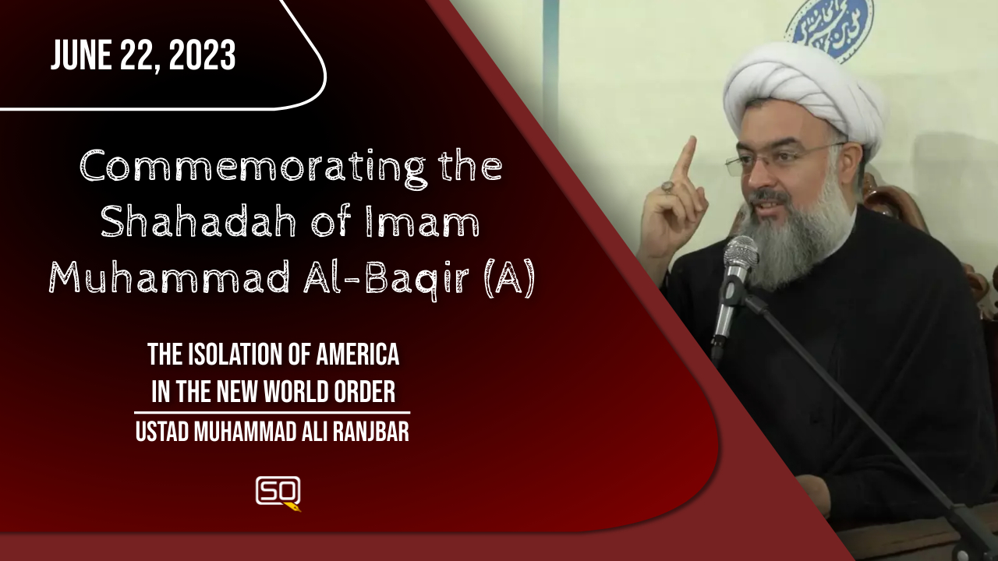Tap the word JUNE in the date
click(81, 55)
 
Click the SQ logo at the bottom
click(278, 493)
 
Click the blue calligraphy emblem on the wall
click(830, 27)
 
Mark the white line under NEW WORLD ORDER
click(272, 413)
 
